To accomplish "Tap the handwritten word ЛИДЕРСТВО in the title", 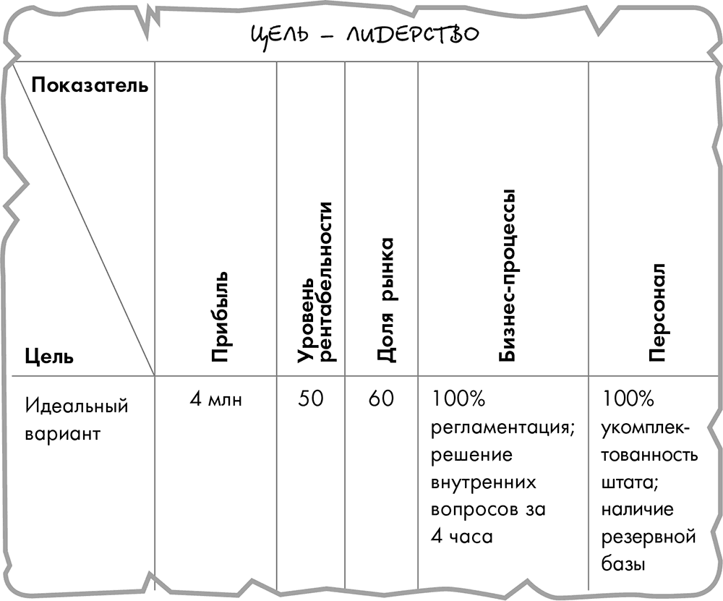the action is click(413, 34).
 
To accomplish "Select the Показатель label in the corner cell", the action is click(90, 85).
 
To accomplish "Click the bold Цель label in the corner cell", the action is click(49, 356).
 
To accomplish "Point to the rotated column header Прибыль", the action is click(219, 317).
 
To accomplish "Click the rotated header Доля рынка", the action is click(386, 299).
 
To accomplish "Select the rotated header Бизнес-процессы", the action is click(506, 276).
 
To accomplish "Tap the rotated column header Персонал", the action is click(656, 312).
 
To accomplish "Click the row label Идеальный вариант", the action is click(77, 419).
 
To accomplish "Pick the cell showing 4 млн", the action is click(215, 399).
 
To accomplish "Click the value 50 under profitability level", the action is click(310, 399).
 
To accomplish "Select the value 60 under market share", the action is click(381, 399).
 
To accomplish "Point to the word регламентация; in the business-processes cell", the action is click(502, 429).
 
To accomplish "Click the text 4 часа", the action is click(462, 537).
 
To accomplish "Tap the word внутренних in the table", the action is click(484, 483).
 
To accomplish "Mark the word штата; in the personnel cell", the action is click(630, 483).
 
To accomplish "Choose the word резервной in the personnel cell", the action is click(649, 537).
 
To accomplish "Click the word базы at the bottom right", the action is click(623, 563).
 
